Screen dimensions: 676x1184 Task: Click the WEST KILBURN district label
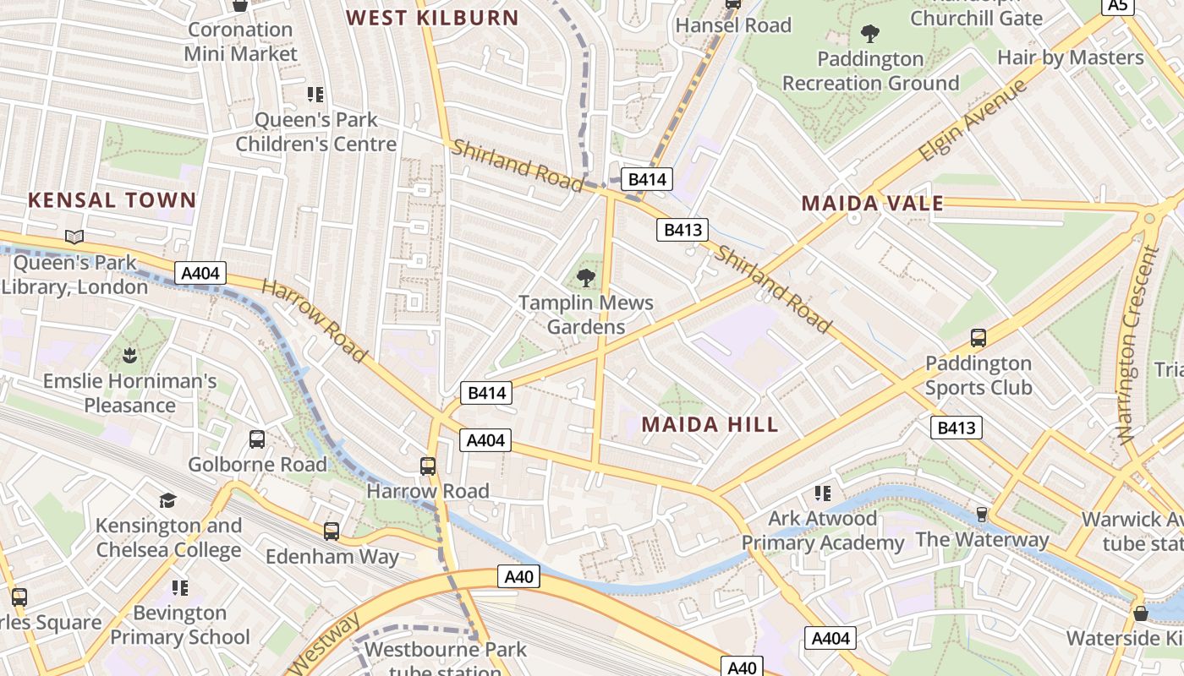pyautogui.click(x=432, y=17)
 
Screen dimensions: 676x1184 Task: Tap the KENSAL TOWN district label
pyautogui.click(x=112, y=200)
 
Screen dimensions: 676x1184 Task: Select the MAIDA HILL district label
pyautogui.click(x=710, y=424)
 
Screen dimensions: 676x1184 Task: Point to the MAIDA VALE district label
pyautogui.click(x=872, y=203)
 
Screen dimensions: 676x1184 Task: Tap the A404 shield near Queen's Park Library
pyautogui.click(x=201, y=273)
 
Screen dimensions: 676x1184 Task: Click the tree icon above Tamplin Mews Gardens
pyautogui.click(x=585, y=277)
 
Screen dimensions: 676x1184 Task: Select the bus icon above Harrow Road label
pyautogui.click(x=428, y=466)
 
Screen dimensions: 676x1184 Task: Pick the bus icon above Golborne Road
pyautogui.click(x=257, y=439)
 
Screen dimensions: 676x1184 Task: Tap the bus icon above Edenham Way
pyautogui.click(x=332, y=532)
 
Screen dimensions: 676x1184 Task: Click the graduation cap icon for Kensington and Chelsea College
pyautogui.click(x=167, y=500)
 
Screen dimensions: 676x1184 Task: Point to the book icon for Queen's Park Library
pyautogui.click(x=74, y=237)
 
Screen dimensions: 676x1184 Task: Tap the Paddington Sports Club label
pyautogui.click(x=978, y=375)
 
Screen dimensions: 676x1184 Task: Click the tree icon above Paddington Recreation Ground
pyautogui.click(x=869, y=34)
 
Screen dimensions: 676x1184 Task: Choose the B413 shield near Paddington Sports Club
pyautogui.click(x=957, y=428)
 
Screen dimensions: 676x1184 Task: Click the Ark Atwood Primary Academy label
pyautogui.click(x=823, y=530)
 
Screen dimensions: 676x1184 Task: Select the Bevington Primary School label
pyautogui.click(x=180, y=624)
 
